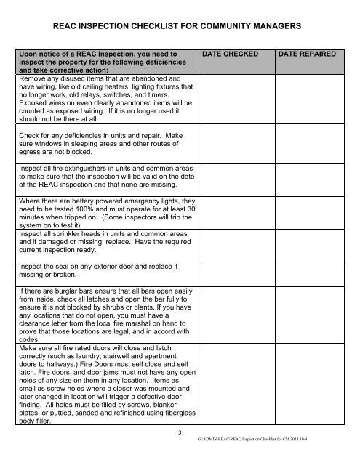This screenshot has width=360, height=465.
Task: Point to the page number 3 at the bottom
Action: [180, 433]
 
